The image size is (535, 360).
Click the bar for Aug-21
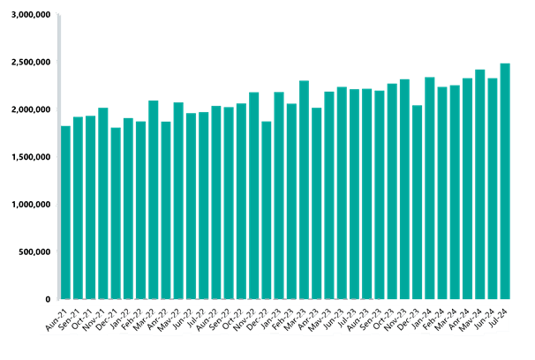point(65,212)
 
